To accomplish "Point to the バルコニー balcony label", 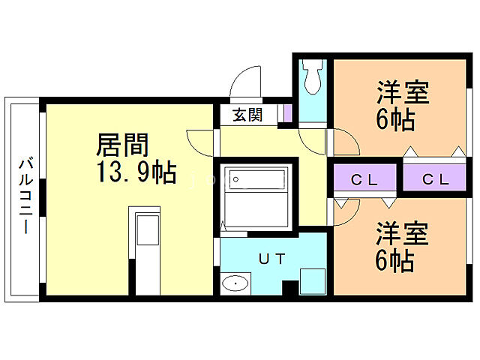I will click(25, 196).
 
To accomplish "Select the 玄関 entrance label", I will click(247, 115).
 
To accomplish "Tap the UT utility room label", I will click(271, 259).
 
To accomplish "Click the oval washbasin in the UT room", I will click(236, 283).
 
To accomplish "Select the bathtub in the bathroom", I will click(257, 180).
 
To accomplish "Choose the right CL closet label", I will click(435, 180).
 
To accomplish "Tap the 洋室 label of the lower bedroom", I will click(403, 234).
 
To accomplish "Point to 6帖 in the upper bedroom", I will click(395, 120).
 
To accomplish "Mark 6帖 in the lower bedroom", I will click(395, 260).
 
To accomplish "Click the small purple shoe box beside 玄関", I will click(286, 114).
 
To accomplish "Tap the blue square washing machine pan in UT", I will click(311, 280).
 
